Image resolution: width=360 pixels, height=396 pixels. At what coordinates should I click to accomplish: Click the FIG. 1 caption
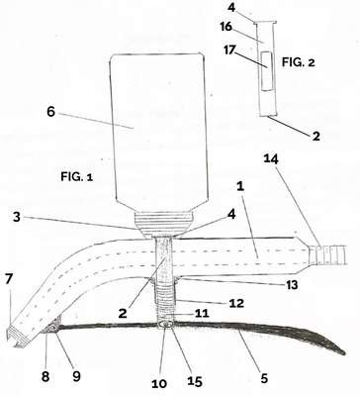coord(76,177)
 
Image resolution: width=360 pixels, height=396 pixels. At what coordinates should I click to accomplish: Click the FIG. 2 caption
coord(299,62)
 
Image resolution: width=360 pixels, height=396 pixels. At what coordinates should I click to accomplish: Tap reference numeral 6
coord(51,112)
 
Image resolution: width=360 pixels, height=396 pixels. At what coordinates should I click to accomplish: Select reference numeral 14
coord(271,159)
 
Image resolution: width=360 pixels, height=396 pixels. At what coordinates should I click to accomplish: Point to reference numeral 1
coord(240,187)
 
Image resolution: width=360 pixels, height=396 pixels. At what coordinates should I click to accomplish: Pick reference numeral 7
coord(9,279)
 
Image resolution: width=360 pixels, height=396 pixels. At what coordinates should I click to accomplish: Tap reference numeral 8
coord(45,376)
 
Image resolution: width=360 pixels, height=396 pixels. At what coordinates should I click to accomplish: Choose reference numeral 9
coord(76,376)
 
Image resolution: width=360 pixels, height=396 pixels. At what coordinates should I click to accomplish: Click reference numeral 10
coord(159,383)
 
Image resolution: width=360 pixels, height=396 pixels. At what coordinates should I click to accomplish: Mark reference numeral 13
coord(291,285)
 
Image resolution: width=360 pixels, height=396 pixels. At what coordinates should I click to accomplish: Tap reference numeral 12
coord(236,303)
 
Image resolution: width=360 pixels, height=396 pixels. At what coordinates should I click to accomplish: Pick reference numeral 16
coord(226,27)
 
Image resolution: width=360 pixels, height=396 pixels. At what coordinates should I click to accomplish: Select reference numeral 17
coord(230,50)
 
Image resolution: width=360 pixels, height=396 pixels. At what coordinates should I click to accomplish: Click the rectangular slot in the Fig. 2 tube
coord(266,71)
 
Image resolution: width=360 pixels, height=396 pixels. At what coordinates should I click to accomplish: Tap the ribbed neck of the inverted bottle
coord(163,224)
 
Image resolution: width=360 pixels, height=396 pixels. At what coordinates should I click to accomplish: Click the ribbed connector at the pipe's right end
coord(327,255)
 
